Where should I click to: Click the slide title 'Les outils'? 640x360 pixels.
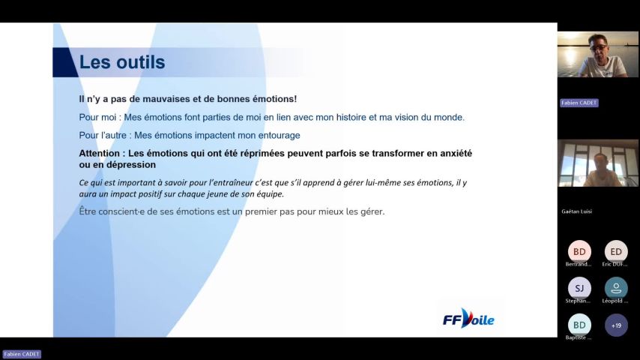122,62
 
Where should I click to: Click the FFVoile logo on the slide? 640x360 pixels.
468,319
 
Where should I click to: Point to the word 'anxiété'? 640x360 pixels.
452,153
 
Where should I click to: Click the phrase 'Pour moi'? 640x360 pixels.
98,117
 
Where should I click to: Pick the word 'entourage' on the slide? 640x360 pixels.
277,135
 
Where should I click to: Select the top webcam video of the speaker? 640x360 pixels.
597,55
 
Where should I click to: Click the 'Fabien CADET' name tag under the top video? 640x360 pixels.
579,103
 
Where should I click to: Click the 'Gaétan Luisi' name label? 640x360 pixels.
576,211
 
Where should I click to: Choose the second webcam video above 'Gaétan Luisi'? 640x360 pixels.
597,163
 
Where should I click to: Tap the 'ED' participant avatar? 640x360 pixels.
616,251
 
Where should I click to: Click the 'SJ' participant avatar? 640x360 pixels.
579,288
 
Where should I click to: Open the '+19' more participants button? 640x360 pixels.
616,325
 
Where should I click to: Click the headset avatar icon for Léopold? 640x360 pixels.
616,288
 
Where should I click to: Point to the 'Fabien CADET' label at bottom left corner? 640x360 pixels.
22,354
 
